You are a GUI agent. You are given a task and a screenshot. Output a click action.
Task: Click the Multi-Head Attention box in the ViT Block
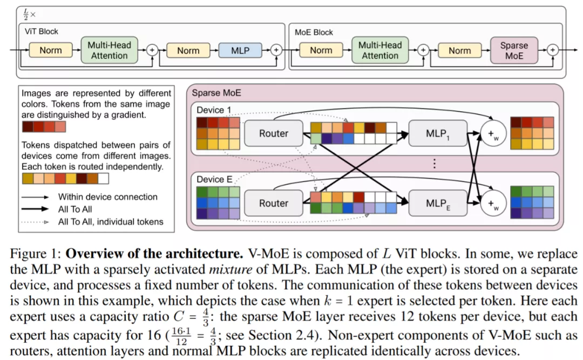coord(109,50)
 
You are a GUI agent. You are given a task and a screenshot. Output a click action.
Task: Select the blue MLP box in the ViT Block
coord(240,50)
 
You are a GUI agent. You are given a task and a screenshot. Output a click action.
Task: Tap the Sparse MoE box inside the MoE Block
coord(514,50)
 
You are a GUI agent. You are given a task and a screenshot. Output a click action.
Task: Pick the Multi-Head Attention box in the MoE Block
coord(380,50)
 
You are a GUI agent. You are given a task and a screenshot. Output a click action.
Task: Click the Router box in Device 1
coord(274,133)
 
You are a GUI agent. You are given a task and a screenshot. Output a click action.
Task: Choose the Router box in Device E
coord(274,203)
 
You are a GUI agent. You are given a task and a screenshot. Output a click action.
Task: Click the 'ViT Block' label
coord(41,31)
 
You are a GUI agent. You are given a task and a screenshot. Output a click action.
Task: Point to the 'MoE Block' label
coord(314,32)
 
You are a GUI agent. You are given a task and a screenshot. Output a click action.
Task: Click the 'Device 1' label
coord(214,110)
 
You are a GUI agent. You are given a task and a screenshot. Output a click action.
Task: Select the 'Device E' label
coord(214,180)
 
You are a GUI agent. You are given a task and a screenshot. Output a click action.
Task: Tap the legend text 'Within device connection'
coord(108,197)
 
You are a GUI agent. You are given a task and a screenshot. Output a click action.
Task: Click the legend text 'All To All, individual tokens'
coord(111,221)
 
